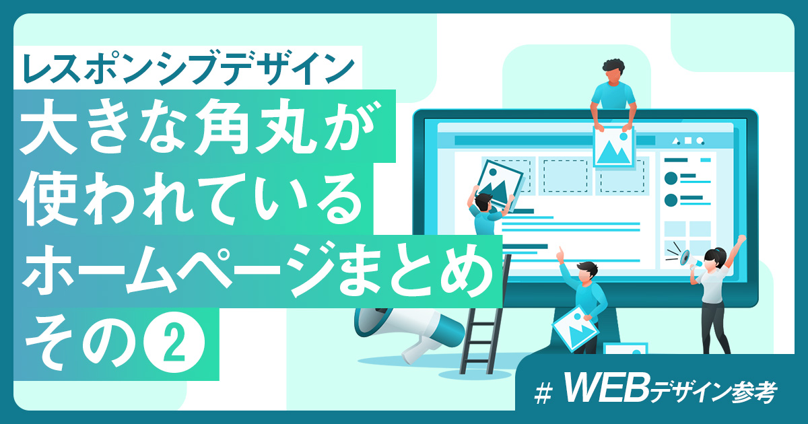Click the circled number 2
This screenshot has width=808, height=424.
174,342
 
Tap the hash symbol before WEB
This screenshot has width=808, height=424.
543,393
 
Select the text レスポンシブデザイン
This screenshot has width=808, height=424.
189,68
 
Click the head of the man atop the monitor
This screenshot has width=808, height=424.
613,72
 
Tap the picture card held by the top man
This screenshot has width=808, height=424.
613,146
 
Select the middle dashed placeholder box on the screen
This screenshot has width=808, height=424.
565,176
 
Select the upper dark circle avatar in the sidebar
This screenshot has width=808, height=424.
671,178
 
